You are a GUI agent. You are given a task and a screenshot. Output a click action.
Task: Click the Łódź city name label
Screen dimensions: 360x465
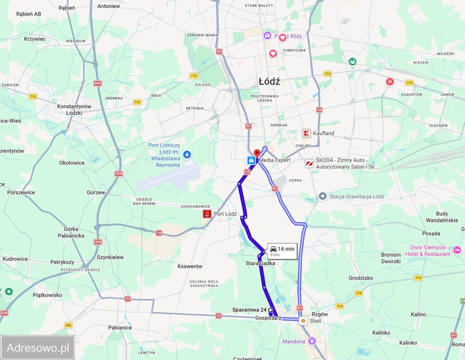coord(269,81)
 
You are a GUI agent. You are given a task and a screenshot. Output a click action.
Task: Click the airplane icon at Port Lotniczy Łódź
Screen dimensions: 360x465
coord(187,155)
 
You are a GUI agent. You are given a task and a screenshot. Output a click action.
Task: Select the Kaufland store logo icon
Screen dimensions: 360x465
coord(307,133)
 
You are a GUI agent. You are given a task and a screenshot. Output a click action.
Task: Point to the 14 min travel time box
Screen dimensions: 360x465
coord(282,251)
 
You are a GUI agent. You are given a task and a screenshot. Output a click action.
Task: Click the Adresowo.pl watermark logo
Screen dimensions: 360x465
coord(38,348)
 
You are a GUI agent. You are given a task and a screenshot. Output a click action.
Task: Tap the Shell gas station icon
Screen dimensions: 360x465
coord(303,321)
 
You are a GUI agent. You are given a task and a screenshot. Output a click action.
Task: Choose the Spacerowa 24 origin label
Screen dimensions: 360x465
coord(249,310)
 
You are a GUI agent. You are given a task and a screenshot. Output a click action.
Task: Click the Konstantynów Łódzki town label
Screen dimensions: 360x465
coord(74,109)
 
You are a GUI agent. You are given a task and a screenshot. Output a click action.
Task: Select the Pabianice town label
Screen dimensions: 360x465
coord(120,327)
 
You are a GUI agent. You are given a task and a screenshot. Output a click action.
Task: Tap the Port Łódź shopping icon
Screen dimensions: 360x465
coord(207,214)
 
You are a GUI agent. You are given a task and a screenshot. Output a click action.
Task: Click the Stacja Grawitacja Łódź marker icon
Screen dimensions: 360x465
coord(322,196)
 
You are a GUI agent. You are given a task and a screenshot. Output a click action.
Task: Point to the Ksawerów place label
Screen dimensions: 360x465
coord(190,266)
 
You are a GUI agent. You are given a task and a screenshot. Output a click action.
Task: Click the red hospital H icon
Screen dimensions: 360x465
coord(390,82)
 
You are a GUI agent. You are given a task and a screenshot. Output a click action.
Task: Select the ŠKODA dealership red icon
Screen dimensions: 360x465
coord(309,163)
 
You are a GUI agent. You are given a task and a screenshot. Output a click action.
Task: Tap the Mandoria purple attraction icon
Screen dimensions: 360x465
coord(312,341)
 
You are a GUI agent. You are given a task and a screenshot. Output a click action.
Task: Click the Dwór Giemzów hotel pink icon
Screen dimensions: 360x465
coord(457,250)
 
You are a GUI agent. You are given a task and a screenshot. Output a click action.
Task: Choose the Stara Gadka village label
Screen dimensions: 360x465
coord(260,263)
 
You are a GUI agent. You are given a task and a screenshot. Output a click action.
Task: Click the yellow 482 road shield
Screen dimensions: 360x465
coord(68,325)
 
